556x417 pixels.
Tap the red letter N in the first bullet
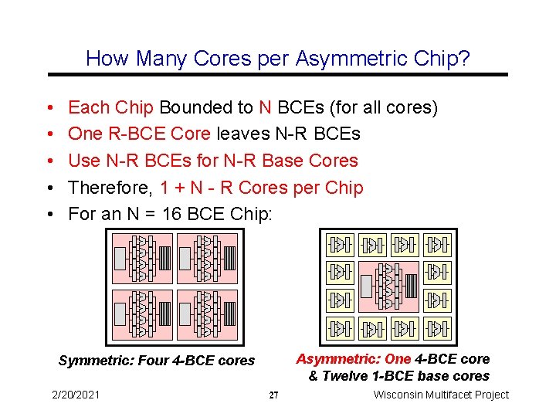(265, 108)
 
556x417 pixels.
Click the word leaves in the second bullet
(242, 134)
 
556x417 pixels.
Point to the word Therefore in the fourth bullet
(110, 188)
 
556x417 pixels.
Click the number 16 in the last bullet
(173, 214)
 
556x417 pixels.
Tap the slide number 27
(273, 395)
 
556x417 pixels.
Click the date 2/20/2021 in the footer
(76, 395)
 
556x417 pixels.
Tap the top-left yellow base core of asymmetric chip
(339, 246)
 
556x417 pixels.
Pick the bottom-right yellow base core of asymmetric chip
(436, 328)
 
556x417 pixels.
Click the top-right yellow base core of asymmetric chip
(436, 246)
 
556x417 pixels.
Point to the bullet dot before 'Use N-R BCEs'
(49, 161)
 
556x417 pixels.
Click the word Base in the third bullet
(282, 161)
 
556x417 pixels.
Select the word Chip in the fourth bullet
(344, 188)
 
